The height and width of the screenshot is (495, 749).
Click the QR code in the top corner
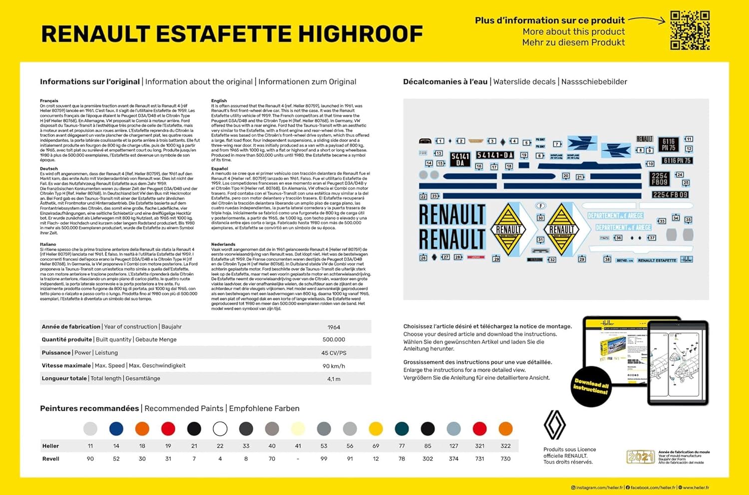pos(690,30)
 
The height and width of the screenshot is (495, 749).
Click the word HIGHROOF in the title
pos(360,34)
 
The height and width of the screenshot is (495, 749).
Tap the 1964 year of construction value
pos(334,327)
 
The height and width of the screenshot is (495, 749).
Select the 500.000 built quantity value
pos(334,340)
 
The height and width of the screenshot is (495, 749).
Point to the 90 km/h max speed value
pos(334,366)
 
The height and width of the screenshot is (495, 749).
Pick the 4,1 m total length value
pos(334,379)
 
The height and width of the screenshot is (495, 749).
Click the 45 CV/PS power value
pos(334,353)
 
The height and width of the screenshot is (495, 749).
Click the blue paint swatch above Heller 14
pos(116,429)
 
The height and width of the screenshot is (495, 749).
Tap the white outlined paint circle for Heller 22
pos(220,429)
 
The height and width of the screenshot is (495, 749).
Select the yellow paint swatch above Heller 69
pos(375,429)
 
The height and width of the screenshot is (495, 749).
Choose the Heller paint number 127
pos(453,446)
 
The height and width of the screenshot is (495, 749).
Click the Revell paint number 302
pos(427,459)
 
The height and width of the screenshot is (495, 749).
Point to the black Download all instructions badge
pos(591,386)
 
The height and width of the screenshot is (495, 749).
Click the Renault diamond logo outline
pos(554,425)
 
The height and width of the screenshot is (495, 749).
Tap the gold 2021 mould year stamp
pos(640,457)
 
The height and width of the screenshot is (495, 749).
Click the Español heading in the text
pos(220,169)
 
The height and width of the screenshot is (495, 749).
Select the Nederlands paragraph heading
pos(223,245)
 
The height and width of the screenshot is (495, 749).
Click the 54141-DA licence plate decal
pos(494,155)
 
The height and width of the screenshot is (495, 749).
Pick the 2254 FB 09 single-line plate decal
pos(670,195)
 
